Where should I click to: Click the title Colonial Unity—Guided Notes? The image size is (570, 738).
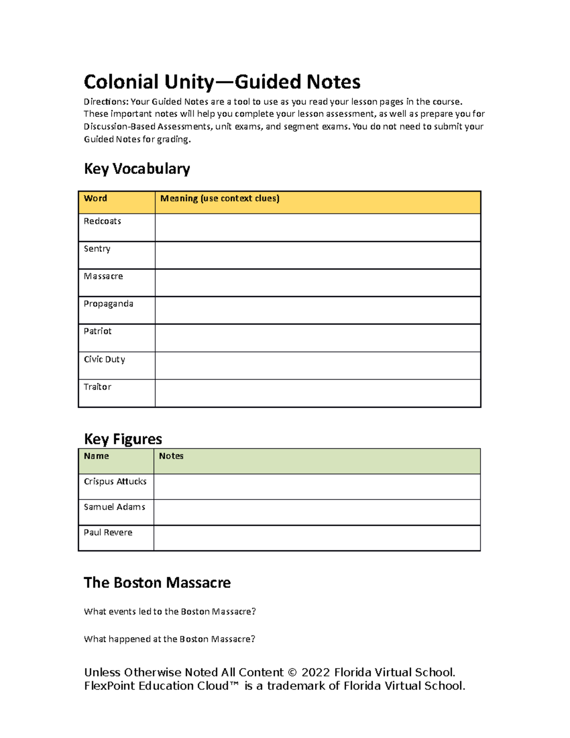[222, 82]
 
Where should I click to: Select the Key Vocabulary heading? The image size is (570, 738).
[137, 169]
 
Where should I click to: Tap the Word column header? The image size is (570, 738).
[95, 199]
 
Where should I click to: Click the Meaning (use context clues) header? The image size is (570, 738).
[219, 199]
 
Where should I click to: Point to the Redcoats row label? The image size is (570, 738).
[102, 221]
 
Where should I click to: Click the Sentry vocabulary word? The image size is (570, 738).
[97, 249]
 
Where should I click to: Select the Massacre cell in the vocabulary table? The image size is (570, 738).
[103, 277]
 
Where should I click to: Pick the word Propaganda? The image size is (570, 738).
[108, 304]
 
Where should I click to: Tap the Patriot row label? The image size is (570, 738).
[97, 332]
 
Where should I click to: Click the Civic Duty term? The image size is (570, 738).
[104, 360]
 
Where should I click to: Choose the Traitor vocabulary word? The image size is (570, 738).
[97, 387]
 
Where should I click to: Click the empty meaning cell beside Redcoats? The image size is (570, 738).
[317, 228]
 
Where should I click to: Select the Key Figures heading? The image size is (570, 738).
[123, 439]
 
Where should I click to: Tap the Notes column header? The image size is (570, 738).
[171, 456]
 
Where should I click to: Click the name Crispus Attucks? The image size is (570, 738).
[115, 482]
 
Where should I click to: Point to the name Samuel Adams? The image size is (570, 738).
[114, 508]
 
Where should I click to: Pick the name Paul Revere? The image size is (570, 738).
[108, 533]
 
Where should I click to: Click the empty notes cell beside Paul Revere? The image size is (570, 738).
[317, 538]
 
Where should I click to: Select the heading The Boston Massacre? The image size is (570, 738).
[157, 583]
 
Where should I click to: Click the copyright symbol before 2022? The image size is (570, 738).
[292, 673]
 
